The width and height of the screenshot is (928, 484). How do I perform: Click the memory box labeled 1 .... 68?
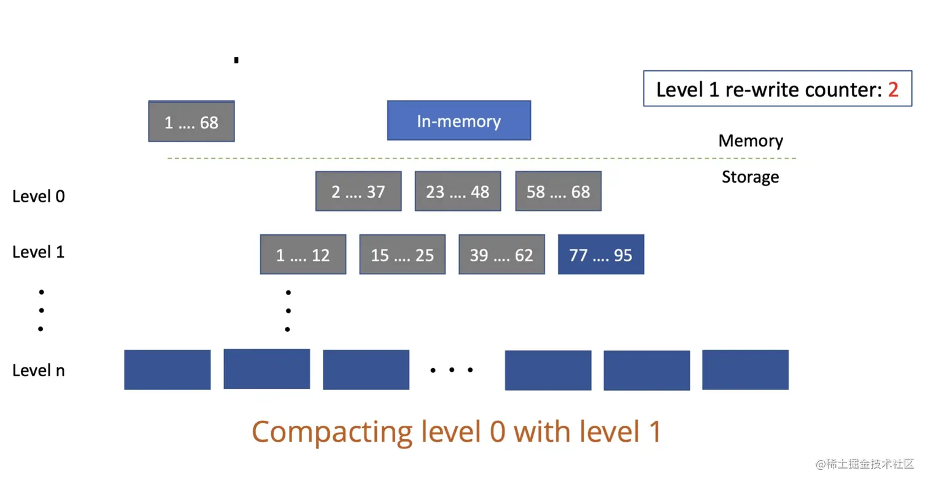(191, 121)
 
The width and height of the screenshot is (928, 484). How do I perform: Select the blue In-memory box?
(458, 121)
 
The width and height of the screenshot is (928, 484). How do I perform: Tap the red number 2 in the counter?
(893, 90)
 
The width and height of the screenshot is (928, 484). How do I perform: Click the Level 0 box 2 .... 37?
(358, 191)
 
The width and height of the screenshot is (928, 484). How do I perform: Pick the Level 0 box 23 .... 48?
(458, 191)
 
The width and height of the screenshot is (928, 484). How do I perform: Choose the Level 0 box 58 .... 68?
(558, 191)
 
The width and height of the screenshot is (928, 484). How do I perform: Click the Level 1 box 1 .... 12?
(303, 255)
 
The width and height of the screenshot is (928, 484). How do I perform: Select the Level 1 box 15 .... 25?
(402, 255)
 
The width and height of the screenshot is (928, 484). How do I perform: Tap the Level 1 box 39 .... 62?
(501, 255)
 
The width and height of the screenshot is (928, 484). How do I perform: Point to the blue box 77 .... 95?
(601, 255)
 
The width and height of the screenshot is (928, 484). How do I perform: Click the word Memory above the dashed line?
(751, 141)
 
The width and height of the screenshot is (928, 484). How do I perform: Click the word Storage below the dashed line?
(750, 177)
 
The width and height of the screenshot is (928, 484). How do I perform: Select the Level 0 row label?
(38, 196)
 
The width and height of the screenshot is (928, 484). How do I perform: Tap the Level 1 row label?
(38, 252)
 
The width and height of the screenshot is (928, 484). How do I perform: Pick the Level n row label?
(38, 371)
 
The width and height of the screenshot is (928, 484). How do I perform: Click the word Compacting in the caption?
(331, 432)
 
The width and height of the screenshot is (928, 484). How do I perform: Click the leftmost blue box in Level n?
(167, 370)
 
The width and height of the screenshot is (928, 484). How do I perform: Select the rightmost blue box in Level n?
(745, 370)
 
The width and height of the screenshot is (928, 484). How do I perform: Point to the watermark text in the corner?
(865, 464)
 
